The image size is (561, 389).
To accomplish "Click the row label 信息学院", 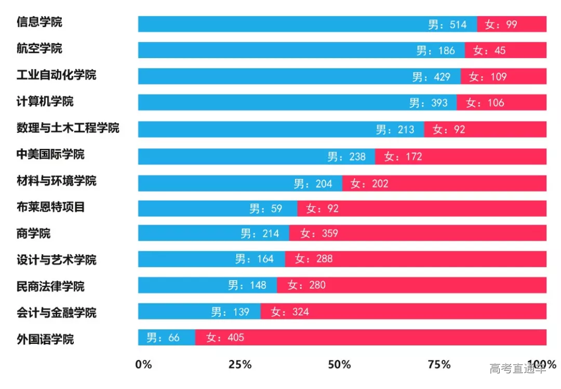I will pos(39,22).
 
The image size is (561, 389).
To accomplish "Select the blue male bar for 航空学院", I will pos(275,50).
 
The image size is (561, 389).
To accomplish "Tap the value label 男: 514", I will pos(447,24).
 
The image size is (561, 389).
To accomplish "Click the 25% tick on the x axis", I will pos(240,364).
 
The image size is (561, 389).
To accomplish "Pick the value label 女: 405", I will pos(225,338).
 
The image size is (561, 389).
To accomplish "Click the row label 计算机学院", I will pos(45,101).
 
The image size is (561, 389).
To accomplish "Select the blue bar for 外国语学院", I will pos(166,338).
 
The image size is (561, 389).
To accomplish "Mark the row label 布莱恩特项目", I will pos(50,207).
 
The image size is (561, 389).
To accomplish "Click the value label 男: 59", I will pos(265,209).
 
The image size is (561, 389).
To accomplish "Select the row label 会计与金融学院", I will pos(56,313).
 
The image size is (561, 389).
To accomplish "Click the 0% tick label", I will pos(143,364).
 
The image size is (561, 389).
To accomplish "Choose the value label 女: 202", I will pos(369,183).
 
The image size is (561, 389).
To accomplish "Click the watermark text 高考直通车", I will pos(517,369).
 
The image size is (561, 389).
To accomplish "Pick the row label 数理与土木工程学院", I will pos(68,128).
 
